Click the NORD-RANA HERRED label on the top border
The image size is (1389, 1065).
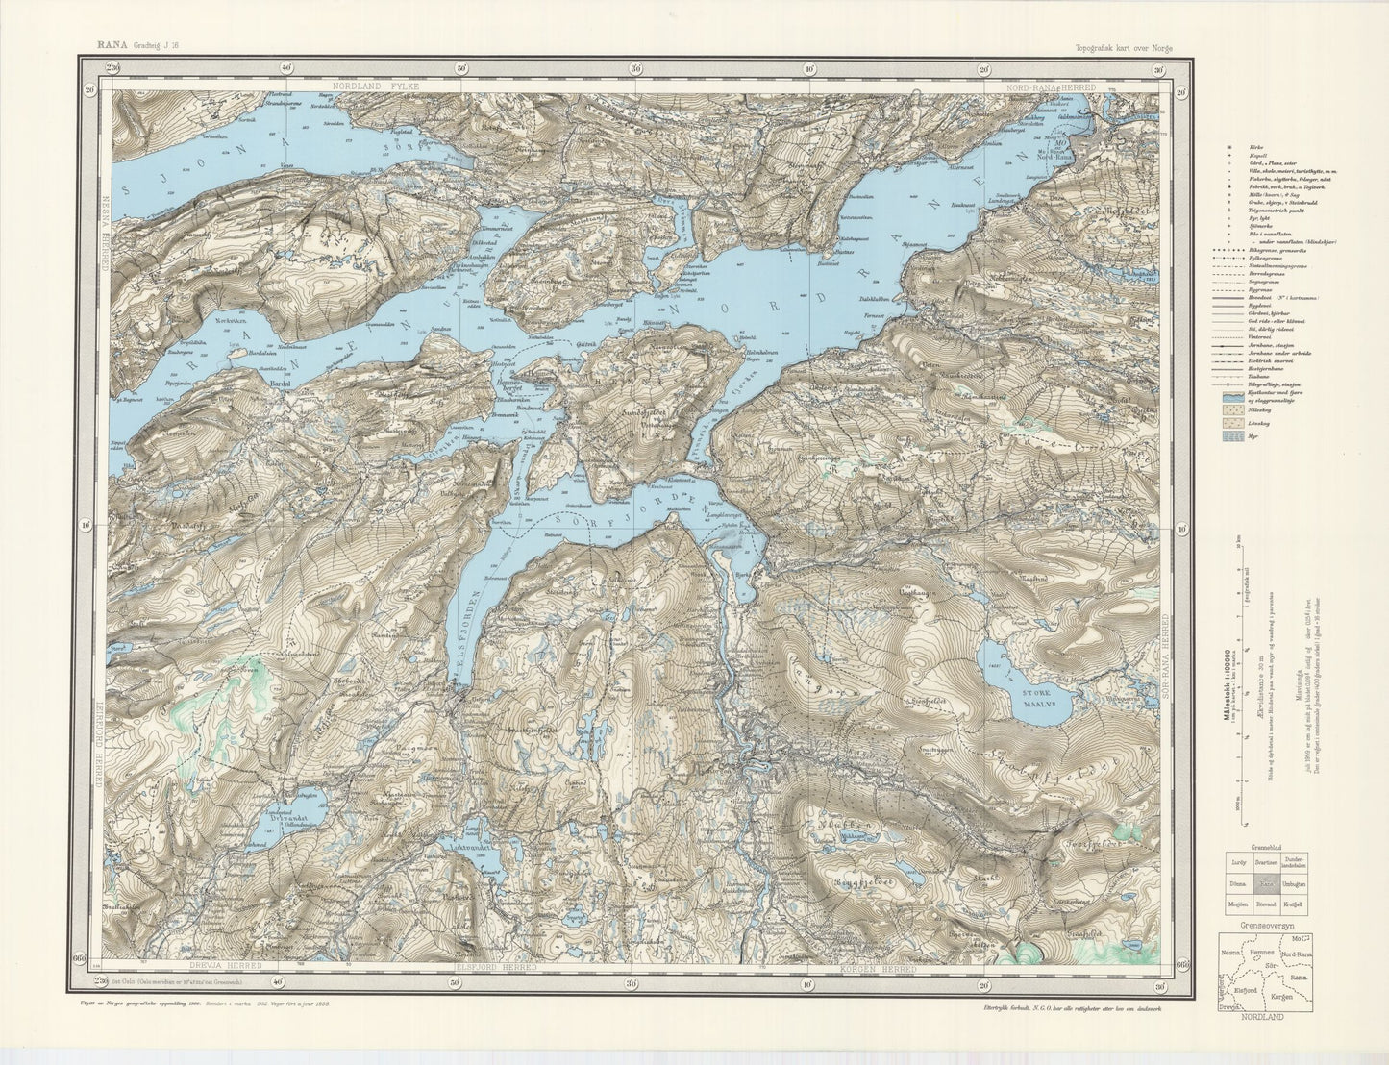click(x=1051, y=87)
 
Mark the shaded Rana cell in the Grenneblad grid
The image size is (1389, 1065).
click(x=1267, y=881)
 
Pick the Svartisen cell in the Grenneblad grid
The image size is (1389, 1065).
click(x=1267, y=862)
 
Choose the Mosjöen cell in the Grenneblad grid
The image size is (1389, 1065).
click(x=1236, y=904)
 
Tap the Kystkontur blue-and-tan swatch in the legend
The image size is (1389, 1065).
click(x=1229, y=395)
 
